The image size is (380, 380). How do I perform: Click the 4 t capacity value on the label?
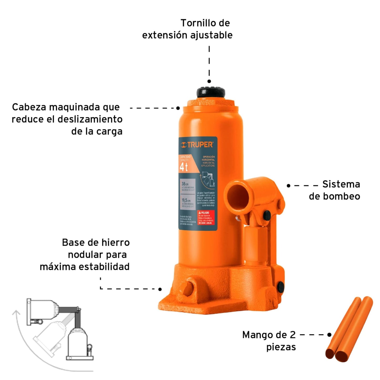coord(184,167)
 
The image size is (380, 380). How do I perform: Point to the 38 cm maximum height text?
coord(185,184)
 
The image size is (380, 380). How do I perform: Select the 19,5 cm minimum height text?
coord(186,200)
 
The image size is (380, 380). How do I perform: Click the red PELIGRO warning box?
coord(206,218)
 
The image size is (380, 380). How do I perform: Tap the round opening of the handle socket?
coord(238,196)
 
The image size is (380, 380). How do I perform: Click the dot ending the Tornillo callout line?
coord(209,81)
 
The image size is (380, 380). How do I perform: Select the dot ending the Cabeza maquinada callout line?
coord(178,108)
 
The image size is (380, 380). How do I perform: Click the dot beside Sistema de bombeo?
coord(288,186)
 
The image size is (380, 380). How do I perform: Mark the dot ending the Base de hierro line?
coord(160,289)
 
